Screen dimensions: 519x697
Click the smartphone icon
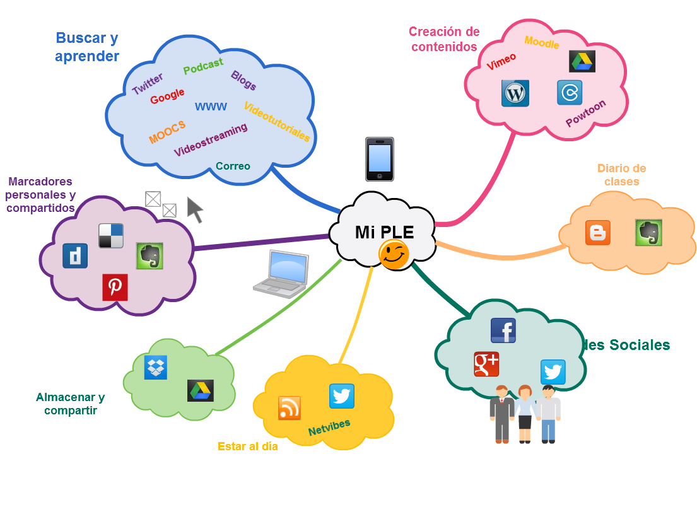click(x=379, y=159)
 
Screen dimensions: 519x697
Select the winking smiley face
click(x=394, y=255)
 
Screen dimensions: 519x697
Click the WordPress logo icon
click(x=515, y=93)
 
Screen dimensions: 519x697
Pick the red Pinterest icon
click(x=115, y=287)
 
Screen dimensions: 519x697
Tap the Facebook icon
click(x=503, y=330)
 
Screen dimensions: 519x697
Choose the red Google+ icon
click(x=486, y=364)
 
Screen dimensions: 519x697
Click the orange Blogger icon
click(x=597, y=233)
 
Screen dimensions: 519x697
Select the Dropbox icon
click(x=156, y=367)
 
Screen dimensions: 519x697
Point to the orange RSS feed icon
click(x=290, y=408)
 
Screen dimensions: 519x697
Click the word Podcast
click(x=203, y=66)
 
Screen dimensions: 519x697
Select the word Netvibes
click(x=329, y=427)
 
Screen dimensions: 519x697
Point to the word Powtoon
click(x=585, y=113)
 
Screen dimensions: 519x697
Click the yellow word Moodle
click(x=542, y=43)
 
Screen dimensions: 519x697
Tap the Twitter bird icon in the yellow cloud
click(x=341, y=396)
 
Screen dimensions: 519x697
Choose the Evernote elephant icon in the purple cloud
click(x=150, y=256)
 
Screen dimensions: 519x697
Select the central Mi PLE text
click(x=384, y=232)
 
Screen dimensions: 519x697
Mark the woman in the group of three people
click(x=525, y=413)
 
